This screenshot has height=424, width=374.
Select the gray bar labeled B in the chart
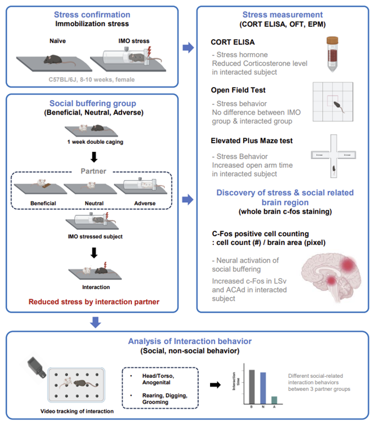252,387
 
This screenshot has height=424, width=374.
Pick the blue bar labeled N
263,388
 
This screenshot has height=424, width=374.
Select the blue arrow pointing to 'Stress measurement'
188,48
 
